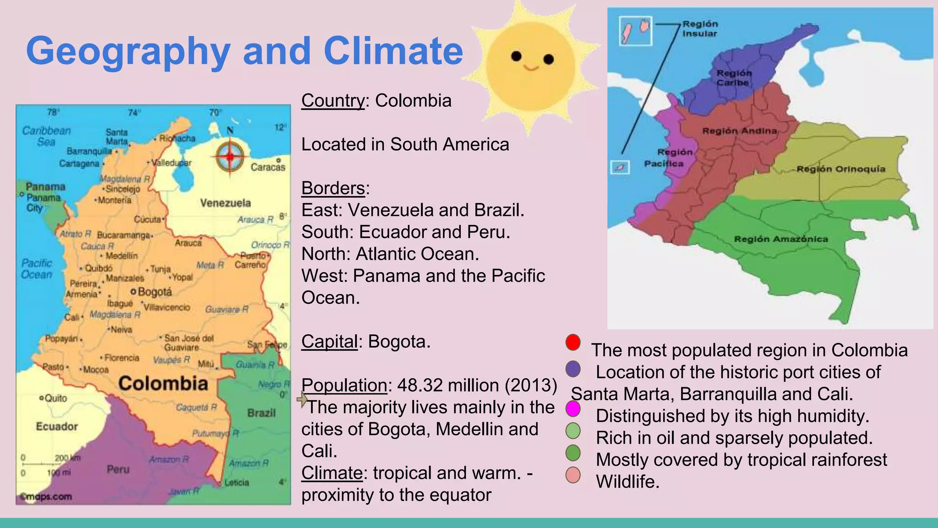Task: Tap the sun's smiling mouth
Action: click(531, 68)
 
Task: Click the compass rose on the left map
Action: click(230, 157)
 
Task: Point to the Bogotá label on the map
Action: click(154, 291)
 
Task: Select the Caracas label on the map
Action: click(268, 167)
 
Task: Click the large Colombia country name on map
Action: click(163, 383)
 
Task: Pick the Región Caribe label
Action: click(734, 78)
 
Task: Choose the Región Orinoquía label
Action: click(841, 169)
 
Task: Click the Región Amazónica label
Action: click(781, 239)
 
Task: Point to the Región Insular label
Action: click(700, 28)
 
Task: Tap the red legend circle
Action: click(573, 342)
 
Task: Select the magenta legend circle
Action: click(573, 408)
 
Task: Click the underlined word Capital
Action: click(329, 341)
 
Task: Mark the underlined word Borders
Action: click(333, 188)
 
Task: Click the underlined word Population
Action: click(344, 385)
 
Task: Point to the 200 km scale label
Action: click(67, 458)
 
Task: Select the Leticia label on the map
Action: click(236, 483)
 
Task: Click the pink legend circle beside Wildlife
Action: click(573, 475)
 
